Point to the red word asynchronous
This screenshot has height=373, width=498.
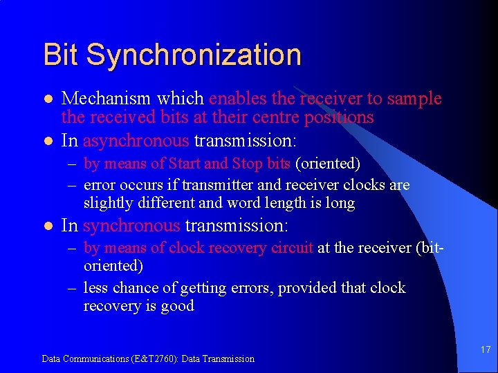point(136,141)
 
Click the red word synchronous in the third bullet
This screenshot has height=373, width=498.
point(131,226)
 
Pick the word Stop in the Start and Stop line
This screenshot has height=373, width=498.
point(248,164)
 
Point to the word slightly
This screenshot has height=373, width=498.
point(106,203)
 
